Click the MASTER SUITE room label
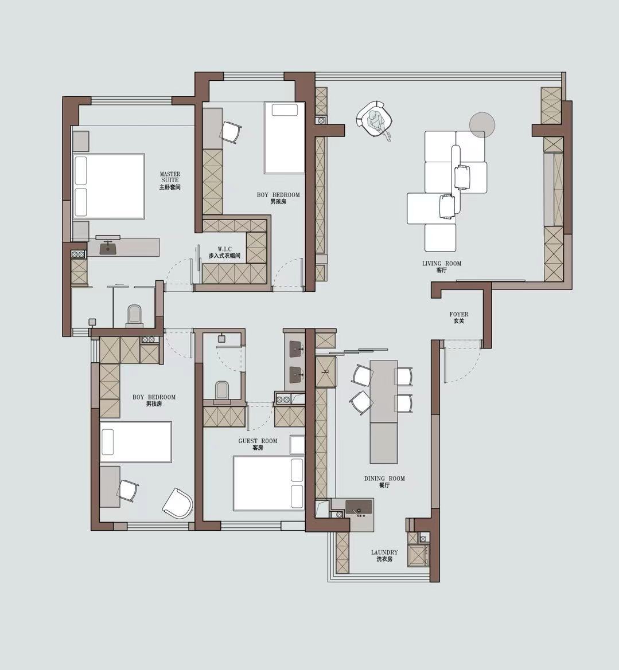(x=170, y=181)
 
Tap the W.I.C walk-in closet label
(x=224, y=252)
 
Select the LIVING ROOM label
(x=442, y=267)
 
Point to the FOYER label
(x=459, y=317)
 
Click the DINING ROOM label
(x=384, y=481)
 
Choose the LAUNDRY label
(x=384, y=555)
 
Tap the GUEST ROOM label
(x=258, y=444)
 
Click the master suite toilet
(x=134, y=315)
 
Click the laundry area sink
(x=359, y=507)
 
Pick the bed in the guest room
(x=268, y=483)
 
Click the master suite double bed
(x=108, y=186)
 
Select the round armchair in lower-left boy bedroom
(x=177, y=503)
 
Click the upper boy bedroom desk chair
(x=231, y=132)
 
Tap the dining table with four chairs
(x=384, y=392)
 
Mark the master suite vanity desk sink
(x=108, y=246)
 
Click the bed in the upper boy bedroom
(x=285, y=138)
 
